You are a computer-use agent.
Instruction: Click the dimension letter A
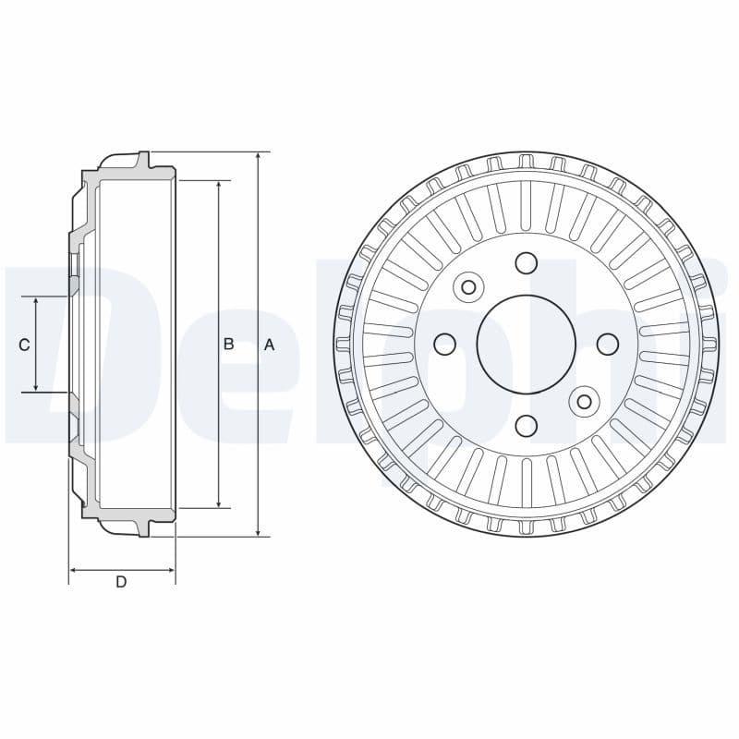(269, 345)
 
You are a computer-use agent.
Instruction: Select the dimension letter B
(228, 345)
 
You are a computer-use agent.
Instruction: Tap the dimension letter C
(24, 345)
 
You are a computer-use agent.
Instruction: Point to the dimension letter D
(121, 582)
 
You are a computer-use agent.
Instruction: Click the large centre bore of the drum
(526, 344)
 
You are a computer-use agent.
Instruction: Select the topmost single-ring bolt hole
(526, 263)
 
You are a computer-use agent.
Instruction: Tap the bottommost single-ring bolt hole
(526, 425)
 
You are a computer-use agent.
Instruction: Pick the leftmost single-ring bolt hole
(445, 345)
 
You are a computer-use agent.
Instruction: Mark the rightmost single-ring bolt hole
(607, 344)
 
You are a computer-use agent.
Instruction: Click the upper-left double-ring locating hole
(468, 287)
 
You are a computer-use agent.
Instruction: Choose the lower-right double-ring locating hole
(583, 401)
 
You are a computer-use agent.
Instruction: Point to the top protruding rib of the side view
(142, 161)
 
